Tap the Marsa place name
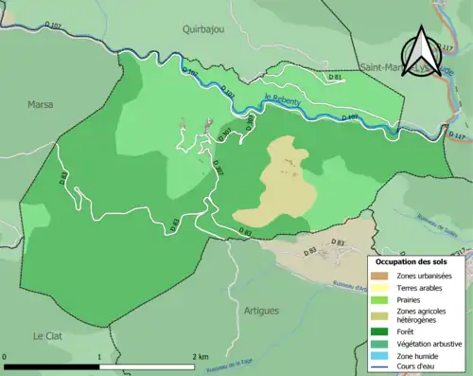pos(41,104)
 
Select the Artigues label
pos(262,284)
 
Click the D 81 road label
pos(334,77)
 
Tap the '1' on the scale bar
pos(100,356)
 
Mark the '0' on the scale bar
pos(6,356)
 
